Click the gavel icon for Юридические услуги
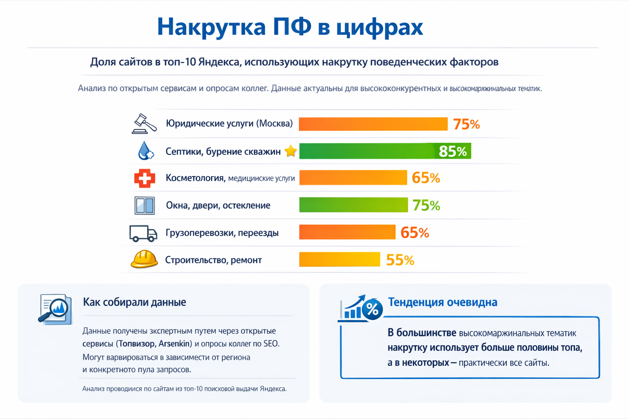pyautogui.click(x=144, y=124)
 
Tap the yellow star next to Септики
pyautogui.click(x=290, y=151)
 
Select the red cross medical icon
pyautogui.click(x=145, y=178)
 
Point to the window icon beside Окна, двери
pyautogui.click(x=145, y=205)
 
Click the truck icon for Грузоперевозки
pyautogui.click(x=143, y=233)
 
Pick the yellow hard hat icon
pyautogui.click(x=144, y=259)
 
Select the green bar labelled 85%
pyautogui.click(x=385, y=151)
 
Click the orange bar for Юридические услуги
pyautogui.click(x=373, y=124)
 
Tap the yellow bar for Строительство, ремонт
pyautogui.click(x=339, y=259)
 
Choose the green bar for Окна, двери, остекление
pyautogui.click(x=353, y=205)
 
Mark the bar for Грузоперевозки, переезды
pyautogui.click(x=347, y=232)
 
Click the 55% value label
pyautogui.click(x=400, y=260)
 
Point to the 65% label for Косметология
pyautogui.click(x=425, y=178)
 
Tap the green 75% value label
pyautogui.click(x=426, y=205)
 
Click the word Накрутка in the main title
pyautogui.click(x=211, y=27)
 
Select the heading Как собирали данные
pyautogui.click(x=134, y=302)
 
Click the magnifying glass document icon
pyautogui.click(x=55, y=309)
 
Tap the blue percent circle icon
pyautogui.click(x=372, y=309)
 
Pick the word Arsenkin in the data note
pyautogui.click(x=174, y=343)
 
